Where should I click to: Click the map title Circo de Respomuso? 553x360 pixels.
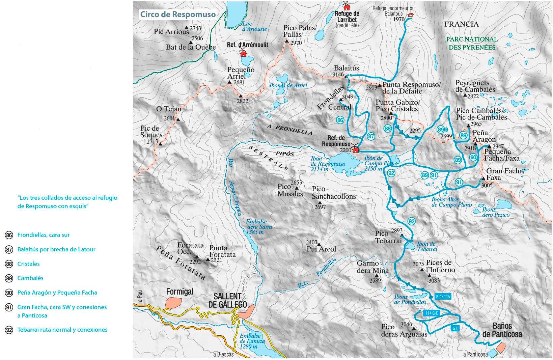point(178,15)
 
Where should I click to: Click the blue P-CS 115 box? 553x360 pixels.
point(443,297)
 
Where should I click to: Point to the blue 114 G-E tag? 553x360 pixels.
point(432,313)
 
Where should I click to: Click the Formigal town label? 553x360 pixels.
point(179,292)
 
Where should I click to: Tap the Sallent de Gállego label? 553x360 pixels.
point(228,300)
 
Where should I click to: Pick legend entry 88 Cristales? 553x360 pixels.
point(28,264)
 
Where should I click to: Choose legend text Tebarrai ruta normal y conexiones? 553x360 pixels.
point(62,330)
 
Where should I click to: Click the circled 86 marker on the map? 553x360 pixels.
point(340,120)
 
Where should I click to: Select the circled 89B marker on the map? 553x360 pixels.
point(442,130)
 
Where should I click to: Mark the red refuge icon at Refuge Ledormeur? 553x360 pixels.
point(410,15)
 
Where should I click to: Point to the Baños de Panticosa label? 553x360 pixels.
point(502,330)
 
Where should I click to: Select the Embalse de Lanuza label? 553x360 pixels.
point(250,341)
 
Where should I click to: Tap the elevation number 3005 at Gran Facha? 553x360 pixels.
point(487,185)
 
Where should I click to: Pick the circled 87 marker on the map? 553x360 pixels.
point(371,136)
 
